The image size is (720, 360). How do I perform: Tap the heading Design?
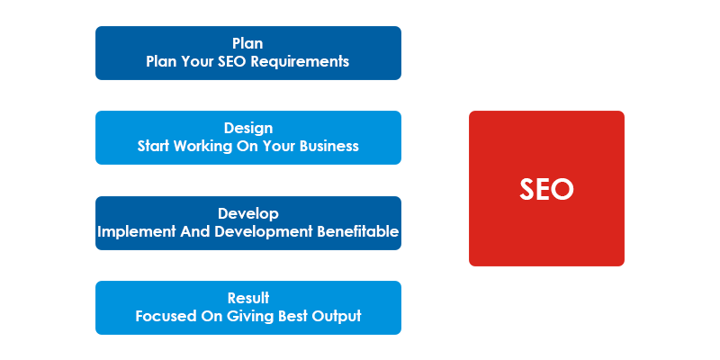click(248, 128)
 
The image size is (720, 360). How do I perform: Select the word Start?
click(153, 146)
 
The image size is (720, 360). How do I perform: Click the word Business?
click(329, 146)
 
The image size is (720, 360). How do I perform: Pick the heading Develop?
click(248, 214)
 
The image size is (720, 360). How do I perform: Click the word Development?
click(264, 232)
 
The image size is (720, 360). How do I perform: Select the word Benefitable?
click(357, 231)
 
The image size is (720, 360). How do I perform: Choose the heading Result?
click(248, 298)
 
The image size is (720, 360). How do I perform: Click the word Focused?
click(166, 317)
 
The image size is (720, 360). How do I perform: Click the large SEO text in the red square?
click(546, 189)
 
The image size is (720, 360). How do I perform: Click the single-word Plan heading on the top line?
click(248, 43)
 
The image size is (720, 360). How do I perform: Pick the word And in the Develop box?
click(195, 231)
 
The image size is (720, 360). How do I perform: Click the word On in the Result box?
click(211, 317)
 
